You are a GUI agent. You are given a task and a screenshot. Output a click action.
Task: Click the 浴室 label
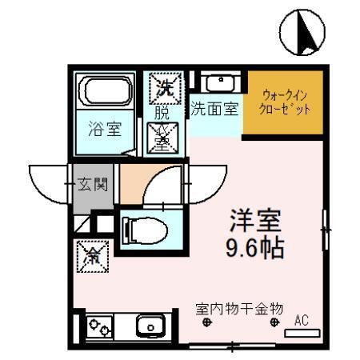tap(103, 128)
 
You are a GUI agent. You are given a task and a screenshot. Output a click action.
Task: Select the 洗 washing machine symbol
tap(165, 85)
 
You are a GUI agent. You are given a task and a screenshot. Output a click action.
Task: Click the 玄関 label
tap(94, 186)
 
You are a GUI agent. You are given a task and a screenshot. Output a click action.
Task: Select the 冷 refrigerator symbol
tap(93, 256)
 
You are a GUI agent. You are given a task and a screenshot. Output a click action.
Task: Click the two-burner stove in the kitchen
tap(100, 326)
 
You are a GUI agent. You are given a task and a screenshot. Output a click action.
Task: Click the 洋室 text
tap(255, 219)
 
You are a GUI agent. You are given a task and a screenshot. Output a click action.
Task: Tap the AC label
tap(302, 321)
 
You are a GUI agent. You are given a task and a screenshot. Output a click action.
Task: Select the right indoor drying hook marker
tap(276, 322)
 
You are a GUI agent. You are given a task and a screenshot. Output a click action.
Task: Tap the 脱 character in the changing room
tap(162, 113)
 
